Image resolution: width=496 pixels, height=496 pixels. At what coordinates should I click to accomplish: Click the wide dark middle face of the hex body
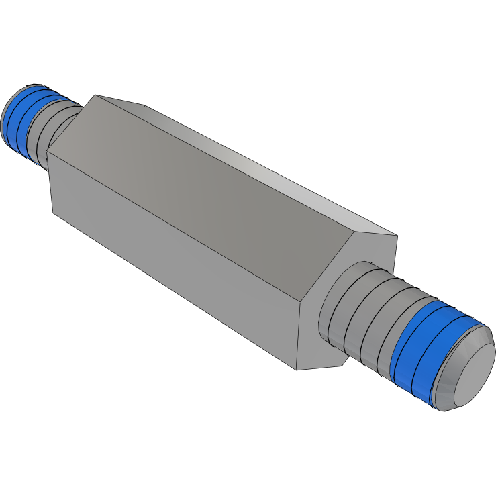[201, 195]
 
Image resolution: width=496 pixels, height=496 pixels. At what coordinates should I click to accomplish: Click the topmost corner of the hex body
[95, 95]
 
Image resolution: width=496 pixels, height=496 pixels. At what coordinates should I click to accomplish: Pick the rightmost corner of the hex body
[397, 236]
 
